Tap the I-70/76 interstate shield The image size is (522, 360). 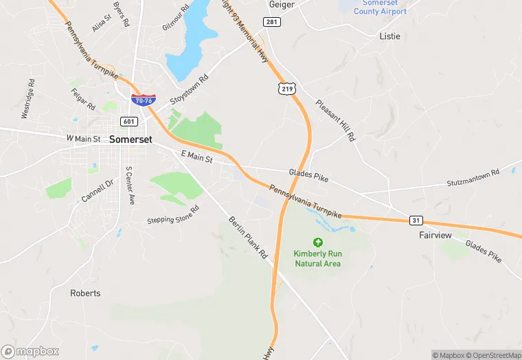coord(143,100)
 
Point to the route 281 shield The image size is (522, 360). coord(273,22)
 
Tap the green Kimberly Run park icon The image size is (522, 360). coord(317,242)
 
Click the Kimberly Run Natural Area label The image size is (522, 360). coord(318,258)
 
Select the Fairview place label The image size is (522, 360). coord(435,235)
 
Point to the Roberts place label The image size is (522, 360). coord(85,293)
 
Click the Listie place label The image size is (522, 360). coord(389,36)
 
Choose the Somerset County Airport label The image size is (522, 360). coord(380,8)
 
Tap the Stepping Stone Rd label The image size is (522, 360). coord(172,215)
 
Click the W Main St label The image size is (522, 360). coord(83,139)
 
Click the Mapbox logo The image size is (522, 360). coord(31,351)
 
